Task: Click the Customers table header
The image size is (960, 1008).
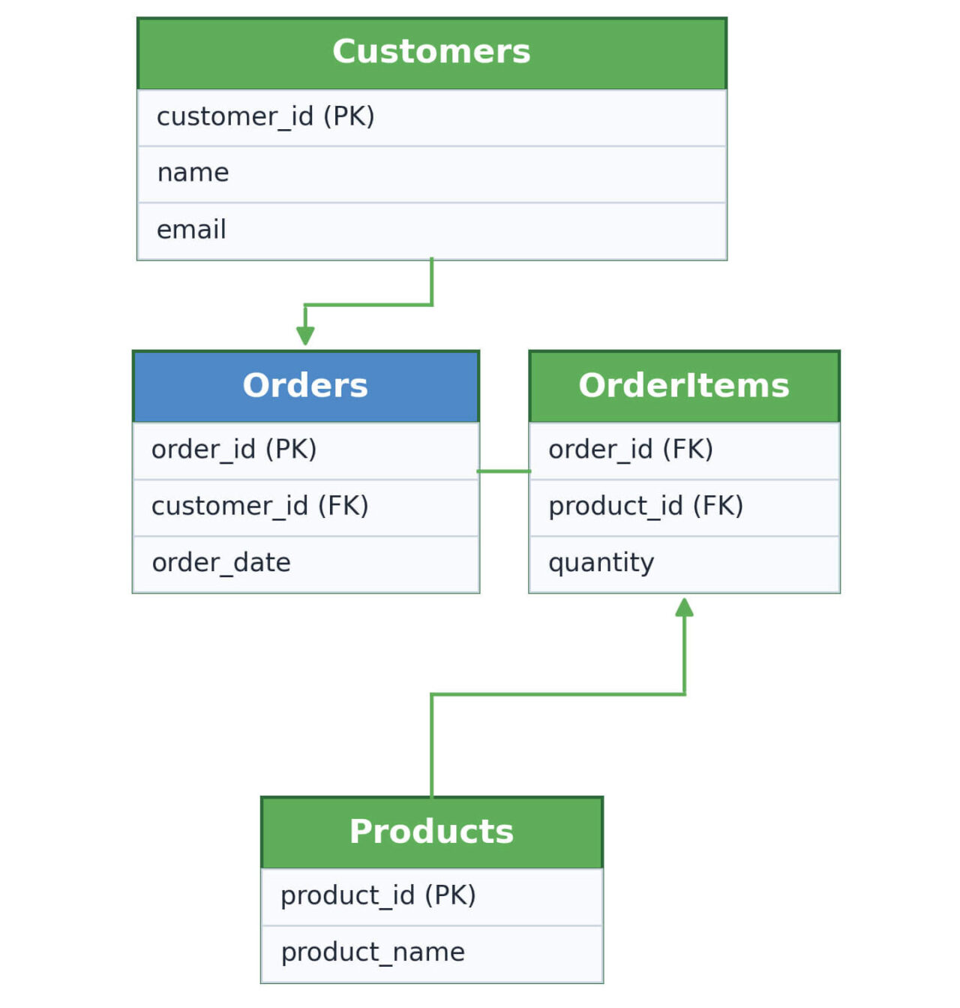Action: pos(431,53)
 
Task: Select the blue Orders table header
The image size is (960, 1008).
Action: pos(305,386)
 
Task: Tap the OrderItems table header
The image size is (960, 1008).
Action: pos(683,386)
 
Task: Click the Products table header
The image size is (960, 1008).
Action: pos(431,832)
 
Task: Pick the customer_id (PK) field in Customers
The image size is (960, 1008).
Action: pos(265,117)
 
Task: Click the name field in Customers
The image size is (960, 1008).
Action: pos(193,173)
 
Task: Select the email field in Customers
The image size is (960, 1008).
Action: pos(191,230)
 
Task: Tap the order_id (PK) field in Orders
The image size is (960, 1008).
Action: pos(234,450)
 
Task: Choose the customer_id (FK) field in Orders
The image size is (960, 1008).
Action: pos(259,507)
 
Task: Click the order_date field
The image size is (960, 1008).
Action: pos(221,563)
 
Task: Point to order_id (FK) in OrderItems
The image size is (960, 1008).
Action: pos(630,450)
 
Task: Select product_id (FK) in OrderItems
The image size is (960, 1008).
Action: pos(645,507)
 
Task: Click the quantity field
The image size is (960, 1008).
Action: pos(601,563)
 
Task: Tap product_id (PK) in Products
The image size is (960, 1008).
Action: pos(378,896)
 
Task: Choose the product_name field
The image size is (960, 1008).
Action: pos(373,953)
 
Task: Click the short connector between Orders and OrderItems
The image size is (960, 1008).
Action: pos(503,471)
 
